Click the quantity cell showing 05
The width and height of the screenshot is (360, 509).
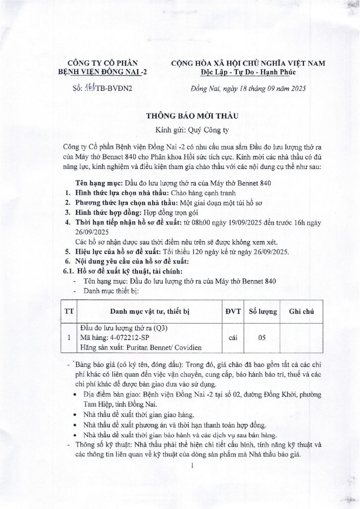261,338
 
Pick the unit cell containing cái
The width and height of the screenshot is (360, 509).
232,338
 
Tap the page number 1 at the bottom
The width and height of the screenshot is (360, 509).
191,466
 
